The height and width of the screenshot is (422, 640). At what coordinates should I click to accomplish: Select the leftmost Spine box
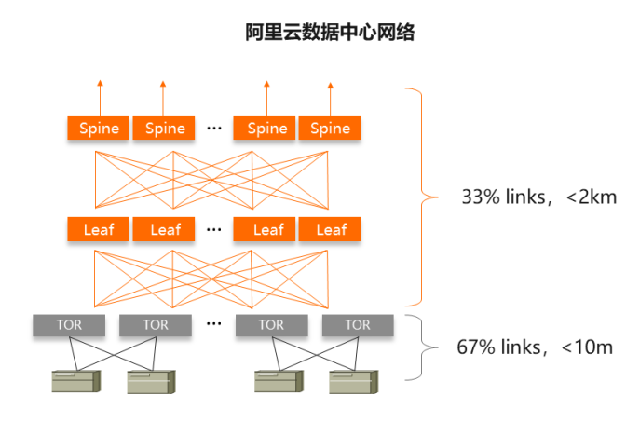pos(99,128)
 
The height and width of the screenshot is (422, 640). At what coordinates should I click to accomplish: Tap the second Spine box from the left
pos(165,128)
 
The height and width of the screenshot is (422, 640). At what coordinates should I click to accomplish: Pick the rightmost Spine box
pos(330,128)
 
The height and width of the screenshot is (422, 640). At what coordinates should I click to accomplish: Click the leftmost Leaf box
pos(99,229)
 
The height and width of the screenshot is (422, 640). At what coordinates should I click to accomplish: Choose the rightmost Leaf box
pos(330,229)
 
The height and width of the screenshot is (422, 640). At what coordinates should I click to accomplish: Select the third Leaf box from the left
pos(267,229)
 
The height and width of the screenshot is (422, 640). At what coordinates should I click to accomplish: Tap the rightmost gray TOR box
pos(358,325)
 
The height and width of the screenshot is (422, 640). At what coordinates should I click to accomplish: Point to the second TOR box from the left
pos(156,325)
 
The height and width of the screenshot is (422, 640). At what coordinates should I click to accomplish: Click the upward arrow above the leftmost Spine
pos(100,96)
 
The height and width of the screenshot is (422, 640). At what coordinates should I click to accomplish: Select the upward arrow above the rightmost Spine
pos(330,96)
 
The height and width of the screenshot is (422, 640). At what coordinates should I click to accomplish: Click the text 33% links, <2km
pos(538,197)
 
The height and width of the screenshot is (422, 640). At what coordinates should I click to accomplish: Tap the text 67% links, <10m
pos(535,347)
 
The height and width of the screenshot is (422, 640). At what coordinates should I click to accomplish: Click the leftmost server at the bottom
pos(74,380)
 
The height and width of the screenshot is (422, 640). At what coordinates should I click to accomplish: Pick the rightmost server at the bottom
pos(354,380)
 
